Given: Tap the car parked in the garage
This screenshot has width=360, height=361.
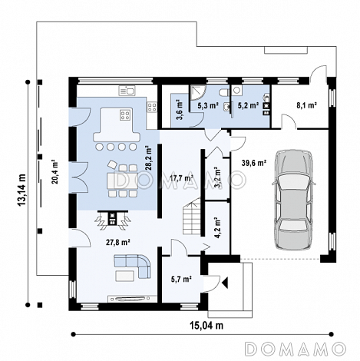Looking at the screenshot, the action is click(x=294, y=200).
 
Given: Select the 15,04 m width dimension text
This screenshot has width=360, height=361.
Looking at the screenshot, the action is click(x=206, y=326).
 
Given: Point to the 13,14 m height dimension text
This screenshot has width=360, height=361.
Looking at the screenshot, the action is click(x=22, y=190).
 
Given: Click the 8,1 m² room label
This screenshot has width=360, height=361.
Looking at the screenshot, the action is click(x=307, y=105).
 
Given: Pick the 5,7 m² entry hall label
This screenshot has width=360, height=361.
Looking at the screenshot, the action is click(x=181, y=279).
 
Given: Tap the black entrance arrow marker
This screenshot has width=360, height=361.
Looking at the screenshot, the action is click(x=225, y=283).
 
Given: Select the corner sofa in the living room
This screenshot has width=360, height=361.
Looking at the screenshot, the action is click(x=132, y=266).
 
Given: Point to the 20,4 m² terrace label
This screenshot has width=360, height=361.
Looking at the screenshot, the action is click(x=55, y=172).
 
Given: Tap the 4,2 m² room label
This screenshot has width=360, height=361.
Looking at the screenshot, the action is click(x=217, y=228).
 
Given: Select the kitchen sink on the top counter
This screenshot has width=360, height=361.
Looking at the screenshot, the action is click(x=127, y=91).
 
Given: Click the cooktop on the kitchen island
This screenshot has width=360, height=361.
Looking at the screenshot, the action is click(x=126, y=114).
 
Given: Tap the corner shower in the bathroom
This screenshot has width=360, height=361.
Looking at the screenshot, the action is click(x=197, y=92).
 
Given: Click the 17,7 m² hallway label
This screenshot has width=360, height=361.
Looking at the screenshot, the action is click(x=181, y=178).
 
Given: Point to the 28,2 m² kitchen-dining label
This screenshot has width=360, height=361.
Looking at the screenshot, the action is click(x=149, y=158).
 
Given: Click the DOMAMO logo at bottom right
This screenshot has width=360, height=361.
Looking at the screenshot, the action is click(x=296, y=349).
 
